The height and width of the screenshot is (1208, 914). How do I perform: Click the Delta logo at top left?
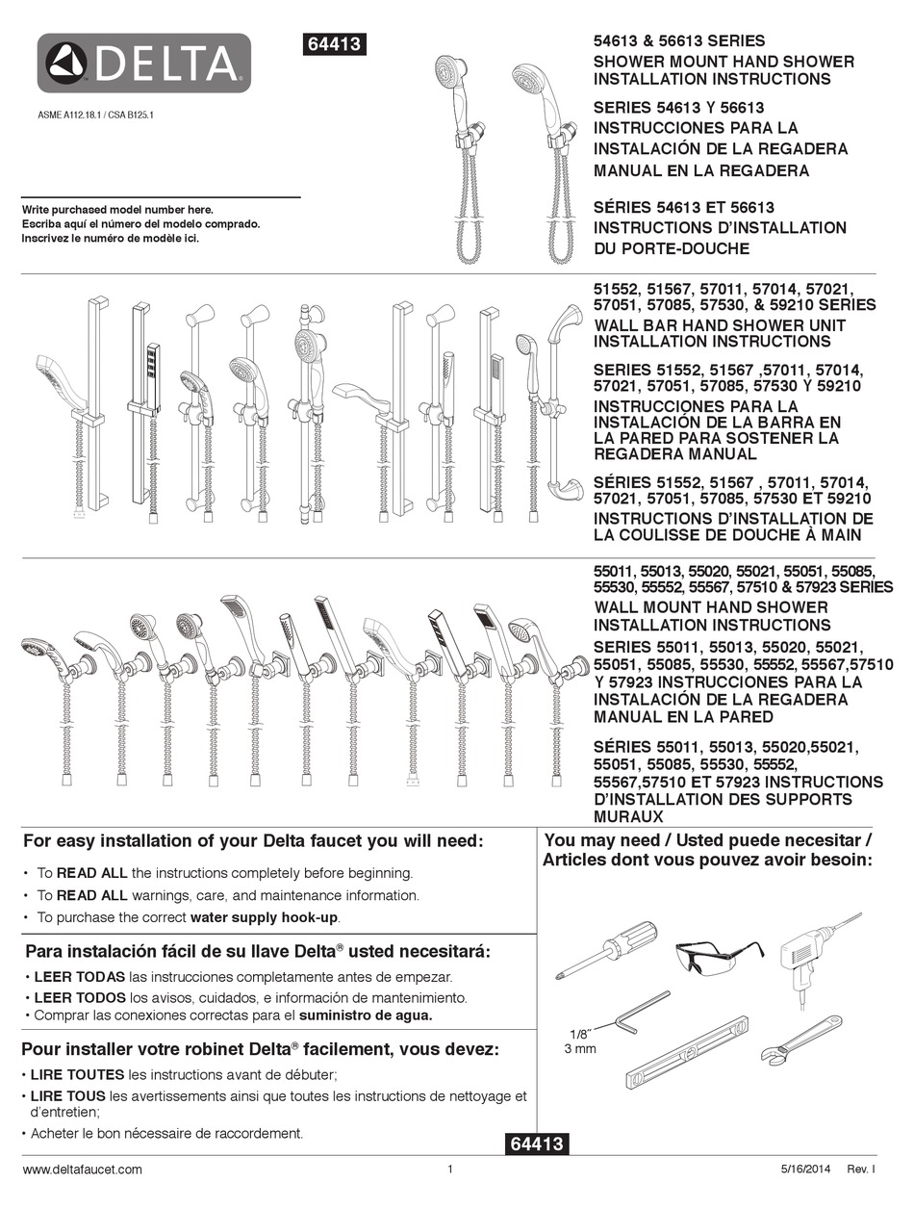point(144,64)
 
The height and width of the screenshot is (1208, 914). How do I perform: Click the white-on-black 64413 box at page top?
point(335,44)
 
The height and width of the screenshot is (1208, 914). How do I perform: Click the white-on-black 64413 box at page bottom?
point(536,1144)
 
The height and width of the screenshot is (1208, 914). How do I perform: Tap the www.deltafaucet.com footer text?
point(82,1169)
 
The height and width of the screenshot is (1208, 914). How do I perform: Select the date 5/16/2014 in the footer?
point(803,1169)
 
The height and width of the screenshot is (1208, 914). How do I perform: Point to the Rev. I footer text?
point(860,1169)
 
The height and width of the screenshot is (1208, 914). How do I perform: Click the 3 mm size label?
point(579,1048)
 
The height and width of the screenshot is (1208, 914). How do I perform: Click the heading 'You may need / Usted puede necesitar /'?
point(708,839)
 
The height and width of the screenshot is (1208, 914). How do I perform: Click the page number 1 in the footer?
point(450,1169)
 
